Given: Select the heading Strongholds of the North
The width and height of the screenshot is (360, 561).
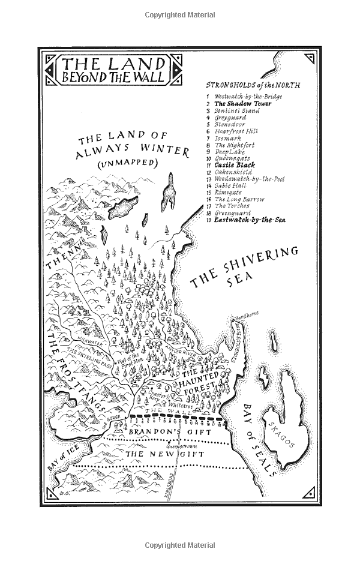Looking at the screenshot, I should coord(253,86).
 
